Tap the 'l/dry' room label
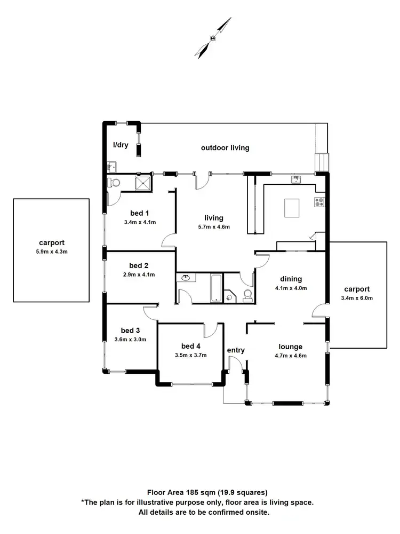click(121, 145)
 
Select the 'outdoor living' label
click(225, 148)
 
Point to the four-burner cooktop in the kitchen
click(319, 202)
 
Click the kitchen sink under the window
click(297, 179)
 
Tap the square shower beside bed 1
click(143, 184)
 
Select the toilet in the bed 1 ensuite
click(114, 183)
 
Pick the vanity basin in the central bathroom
click(186, 278)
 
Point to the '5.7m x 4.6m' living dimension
click(213, 227)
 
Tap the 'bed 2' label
click(138, 265)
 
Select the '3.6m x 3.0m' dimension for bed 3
click(130, 339)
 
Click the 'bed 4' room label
click(190, 345)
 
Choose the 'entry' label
click(236, 350)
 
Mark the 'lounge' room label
click(290, 347)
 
